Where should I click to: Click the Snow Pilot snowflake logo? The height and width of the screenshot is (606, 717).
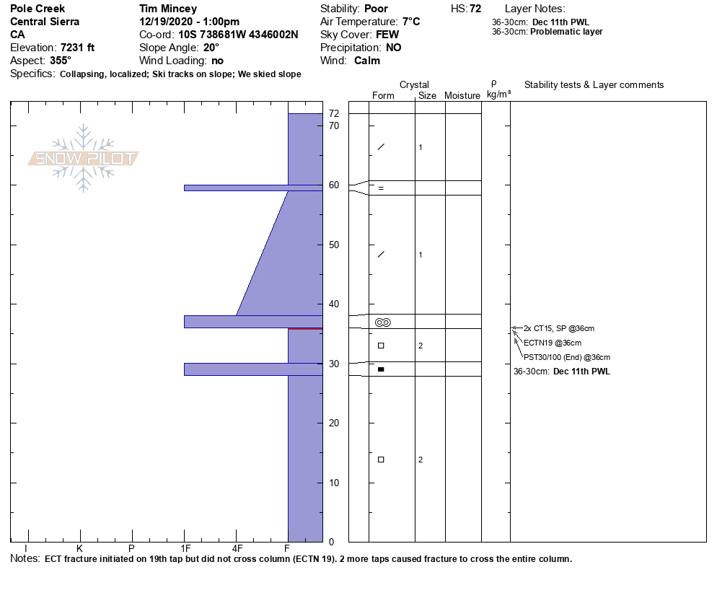pos(83,158)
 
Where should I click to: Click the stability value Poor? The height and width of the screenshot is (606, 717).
pos(376,9)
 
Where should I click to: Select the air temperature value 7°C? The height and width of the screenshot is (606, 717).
pos(411,22)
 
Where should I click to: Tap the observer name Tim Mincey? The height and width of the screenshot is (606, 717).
pos(168,9)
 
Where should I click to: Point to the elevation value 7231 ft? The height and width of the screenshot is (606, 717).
pos(77,48)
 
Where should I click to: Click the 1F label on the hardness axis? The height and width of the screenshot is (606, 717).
pos(185,548)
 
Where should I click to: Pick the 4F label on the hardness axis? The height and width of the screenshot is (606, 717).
pos(237,548)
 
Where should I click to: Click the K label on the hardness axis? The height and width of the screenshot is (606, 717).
pos(79,548)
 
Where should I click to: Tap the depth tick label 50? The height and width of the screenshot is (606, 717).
pos(334,245)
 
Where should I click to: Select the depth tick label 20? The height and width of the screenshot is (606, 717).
pos(334,423)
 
